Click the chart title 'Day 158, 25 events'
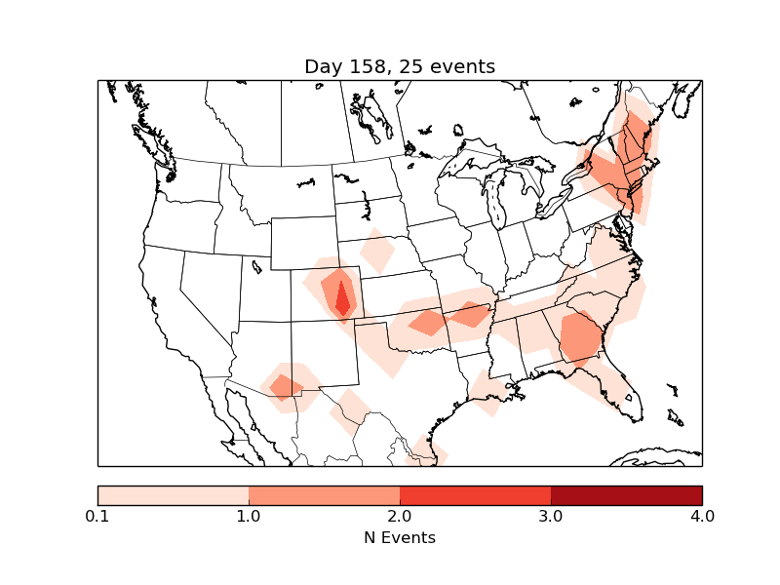tap(400, 67)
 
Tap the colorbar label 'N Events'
tap(400, 537)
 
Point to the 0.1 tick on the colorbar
tap(97, 516)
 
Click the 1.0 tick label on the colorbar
tap(249, 516)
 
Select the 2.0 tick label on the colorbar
tap(400, 516)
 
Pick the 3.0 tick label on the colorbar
tap(551, 516)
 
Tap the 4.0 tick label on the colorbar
tap(702, 516)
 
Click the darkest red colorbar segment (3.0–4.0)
tap(626, 495)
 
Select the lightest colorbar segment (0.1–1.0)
tap(174, 495)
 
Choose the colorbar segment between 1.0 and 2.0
tap(324, 495)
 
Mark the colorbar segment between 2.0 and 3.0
tap(475, 495)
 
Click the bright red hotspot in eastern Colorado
tap(342, 297)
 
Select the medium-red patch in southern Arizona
tap(285, 387)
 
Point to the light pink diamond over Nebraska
tap(376, 253)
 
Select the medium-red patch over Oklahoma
tap(427, 322)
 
